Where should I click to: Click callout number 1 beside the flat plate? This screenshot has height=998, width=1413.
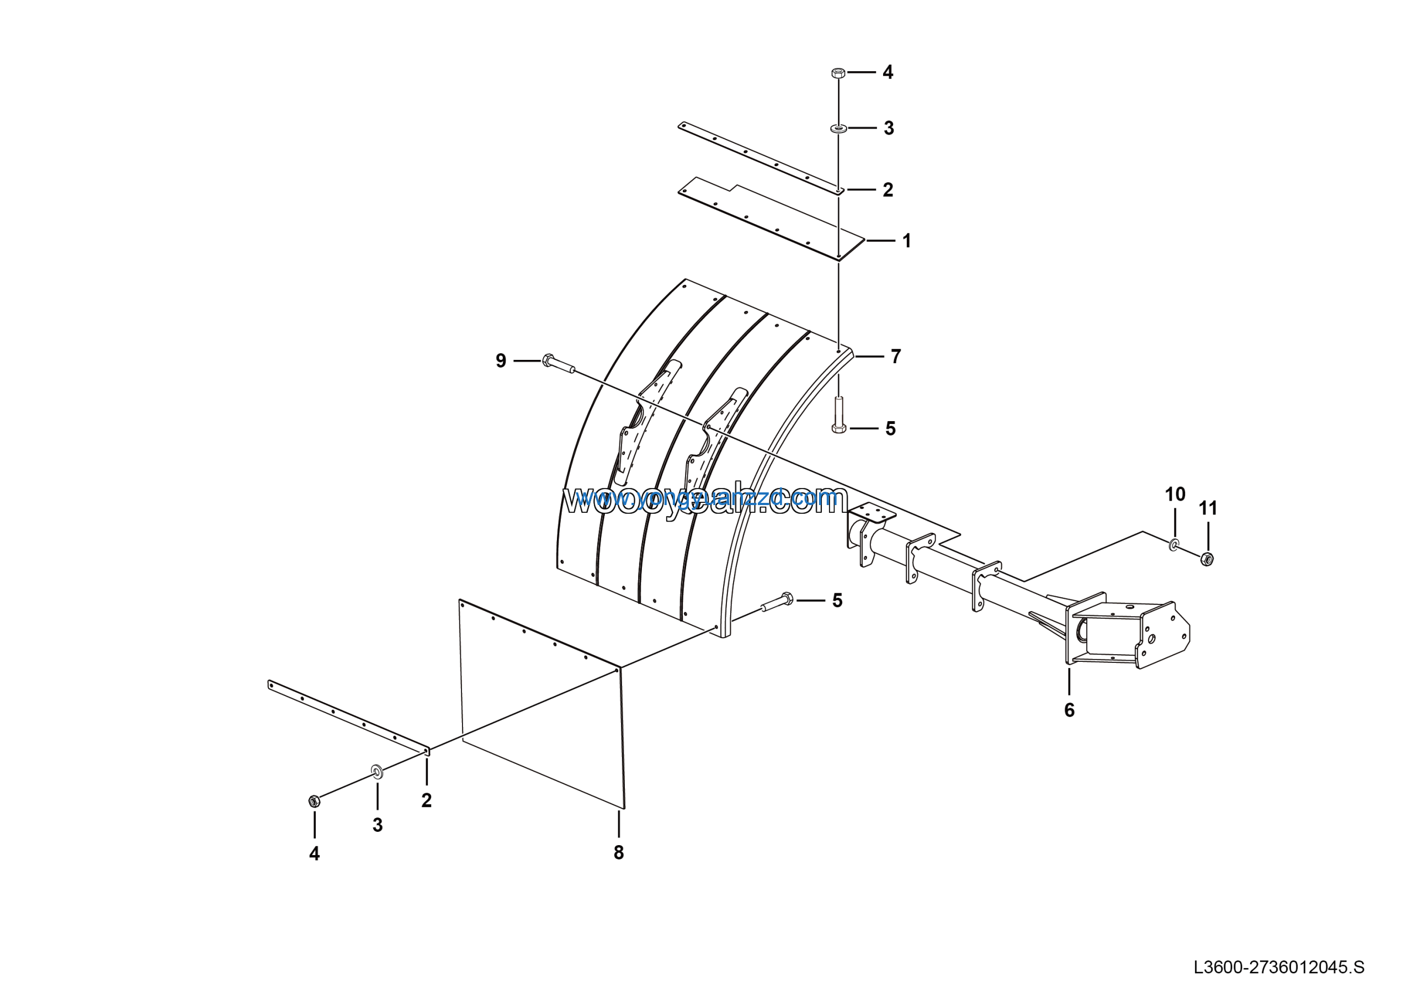pyautogui.click(x=906, y=241)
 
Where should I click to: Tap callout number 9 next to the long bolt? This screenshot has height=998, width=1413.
pyautogui.click(x=501, y=360)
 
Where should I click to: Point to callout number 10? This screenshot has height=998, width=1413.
pyautogui.click(x=1175, y=494)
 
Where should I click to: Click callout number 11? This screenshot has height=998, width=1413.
pyautogui.click(x=1208, y=508)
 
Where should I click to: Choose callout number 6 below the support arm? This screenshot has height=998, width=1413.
pyautogui.click(x=1070, y=710)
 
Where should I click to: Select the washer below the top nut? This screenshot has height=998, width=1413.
pyautogui.click(x=838, y=128)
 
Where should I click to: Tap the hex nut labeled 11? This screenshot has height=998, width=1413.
pyautogui.click(x=1207, y=559)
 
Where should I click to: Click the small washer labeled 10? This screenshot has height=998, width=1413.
pyautogui.click(x=1174, y=544)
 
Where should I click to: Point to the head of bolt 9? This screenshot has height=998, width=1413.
pyautogui.click(x=548, y=360)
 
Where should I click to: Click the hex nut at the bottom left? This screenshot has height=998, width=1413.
pyautogui.click(x=314, y=801)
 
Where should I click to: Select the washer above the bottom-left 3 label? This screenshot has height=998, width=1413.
pyautogui.click(x=377, y=771)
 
